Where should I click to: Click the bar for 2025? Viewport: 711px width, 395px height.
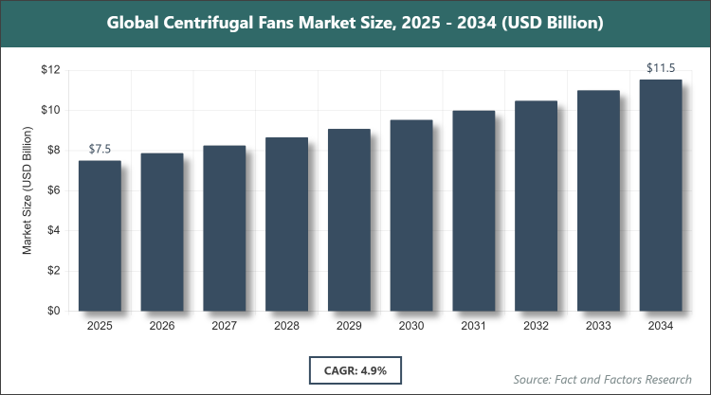[x=100, y=236]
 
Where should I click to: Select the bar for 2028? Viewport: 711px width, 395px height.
[x=286, y=224]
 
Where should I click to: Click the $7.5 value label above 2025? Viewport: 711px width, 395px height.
[x=100, y=150]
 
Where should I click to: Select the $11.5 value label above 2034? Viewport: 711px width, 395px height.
[x=660, y=68]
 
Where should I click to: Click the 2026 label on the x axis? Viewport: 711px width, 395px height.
[x=162, y=326]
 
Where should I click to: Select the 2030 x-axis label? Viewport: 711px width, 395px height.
[x=411, y=326]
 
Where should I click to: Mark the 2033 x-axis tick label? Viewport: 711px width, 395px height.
[x=598, y=326]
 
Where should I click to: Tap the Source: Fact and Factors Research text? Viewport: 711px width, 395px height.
[x=602, y=379]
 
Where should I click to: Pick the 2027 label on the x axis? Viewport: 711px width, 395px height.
[x=225, y=326]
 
